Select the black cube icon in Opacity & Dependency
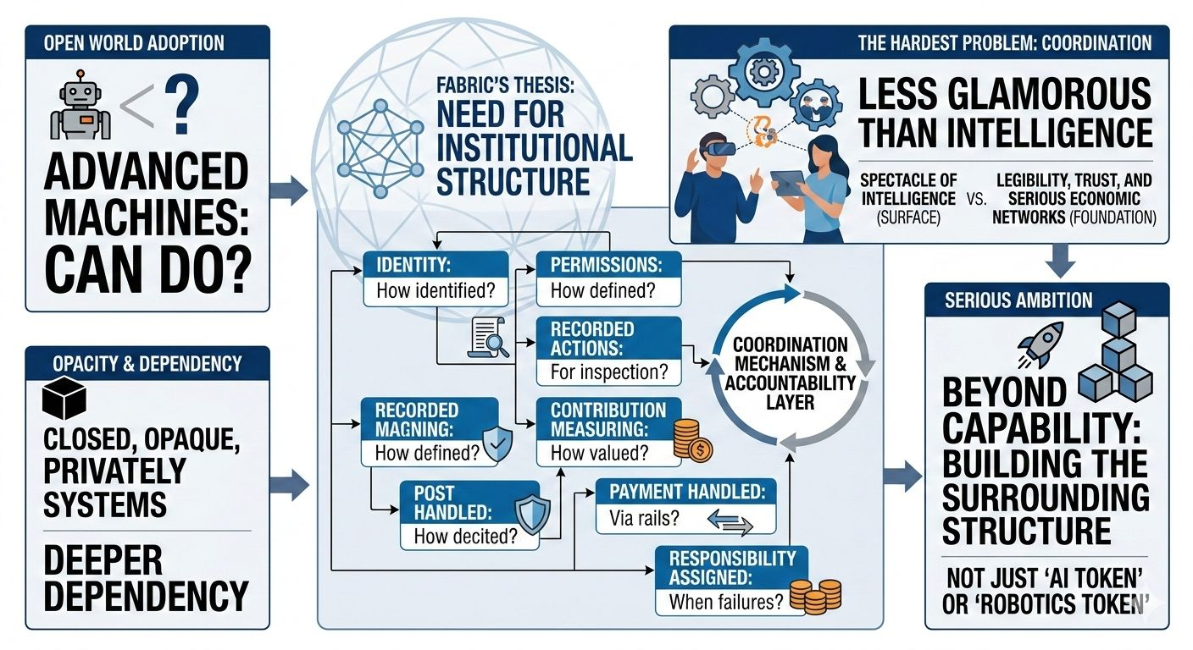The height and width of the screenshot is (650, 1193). [64, 398]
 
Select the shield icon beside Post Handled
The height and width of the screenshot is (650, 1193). [532, 515]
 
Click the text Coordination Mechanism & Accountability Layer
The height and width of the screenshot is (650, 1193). [790, 373]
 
